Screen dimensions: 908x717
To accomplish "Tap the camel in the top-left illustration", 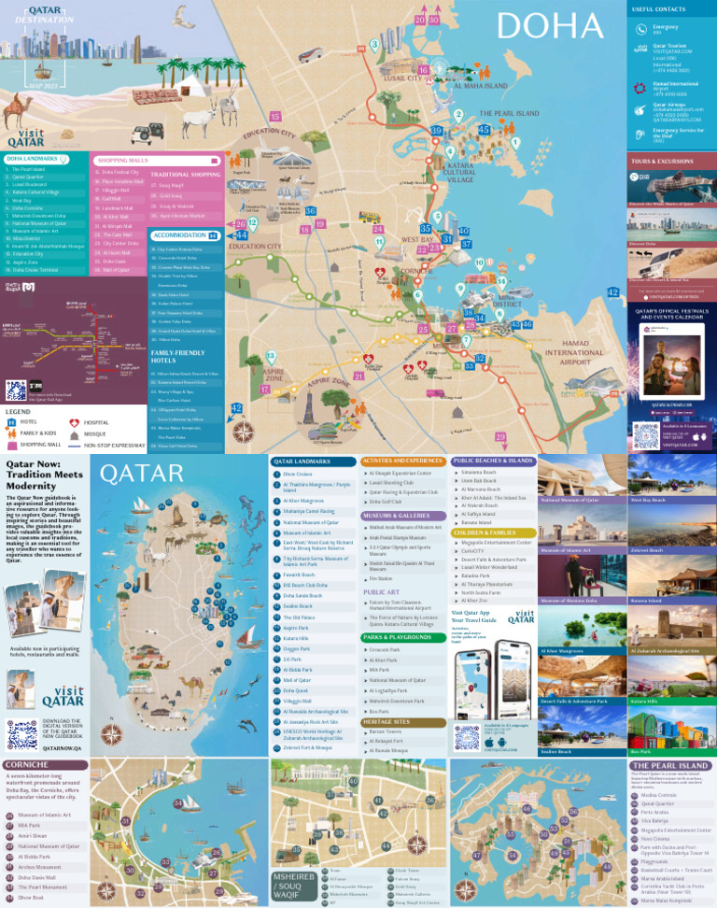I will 22,110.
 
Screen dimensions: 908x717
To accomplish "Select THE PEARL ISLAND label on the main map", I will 509,114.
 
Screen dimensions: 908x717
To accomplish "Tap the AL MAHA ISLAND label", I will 480,86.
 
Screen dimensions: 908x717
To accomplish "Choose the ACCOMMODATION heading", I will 179,235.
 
